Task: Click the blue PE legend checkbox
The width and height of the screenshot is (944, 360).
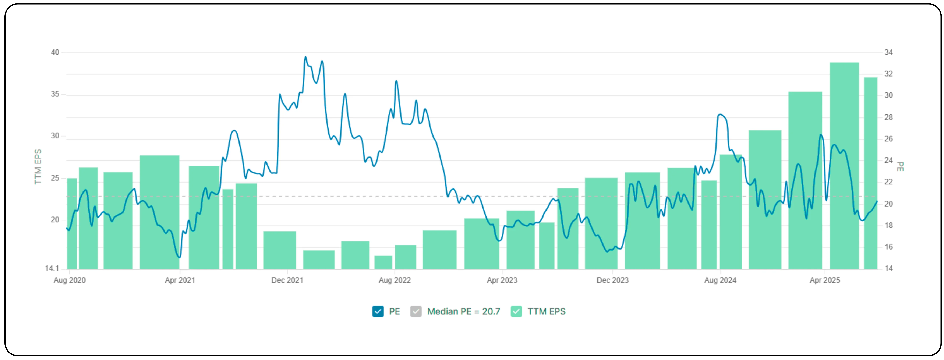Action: (x=378, y=311)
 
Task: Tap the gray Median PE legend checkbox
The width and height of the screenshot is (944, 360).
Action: (x=416, y=311)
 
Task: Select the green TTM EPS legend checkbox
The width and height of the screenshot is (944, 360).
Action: (x=516, y=311)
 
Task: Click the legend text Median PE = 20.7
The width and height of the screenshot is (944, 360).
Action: (x=464, y=311)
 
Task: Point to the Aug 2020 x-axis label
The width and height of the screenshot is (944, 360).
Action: (x=70, y=280)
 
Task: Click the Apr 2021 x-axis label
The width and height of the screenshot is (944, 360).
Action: (x=180, y=280)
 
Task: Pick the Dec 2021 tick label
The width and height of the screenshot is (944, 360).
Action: (x=287, y=280)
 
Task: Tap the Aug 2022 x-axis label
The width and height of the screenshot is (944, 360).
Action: (x=395, y=280)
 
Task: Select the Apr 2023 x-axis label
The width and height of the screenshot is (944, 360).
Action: (x=502, y=280)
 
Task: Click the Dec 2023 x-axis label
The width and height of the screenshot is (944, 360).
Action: (x=612, y=280)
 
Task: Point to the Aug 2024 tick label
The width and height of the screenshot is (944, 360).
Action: (x=720, y=280)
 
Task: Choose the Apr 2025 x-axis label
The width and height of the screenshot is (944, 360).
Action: (x=824, y=280)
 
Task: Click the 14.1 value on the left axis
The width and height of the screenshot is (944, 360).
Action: (x=52, y=268)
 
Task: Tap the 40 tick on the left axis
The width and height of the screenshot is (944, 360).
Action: (x=55, y=52)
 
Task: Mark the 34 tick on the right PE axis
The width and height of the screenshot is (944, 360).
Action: (x=888, y=52)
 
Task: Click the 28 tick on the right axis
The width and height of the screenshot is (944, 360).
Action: (x=888, y=117)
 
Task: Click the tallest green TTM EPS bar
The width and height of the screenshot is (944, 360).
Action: (x=844, y=165)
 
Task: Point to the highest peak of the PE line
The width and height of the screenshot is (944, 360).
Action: (x=306, y=57)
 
